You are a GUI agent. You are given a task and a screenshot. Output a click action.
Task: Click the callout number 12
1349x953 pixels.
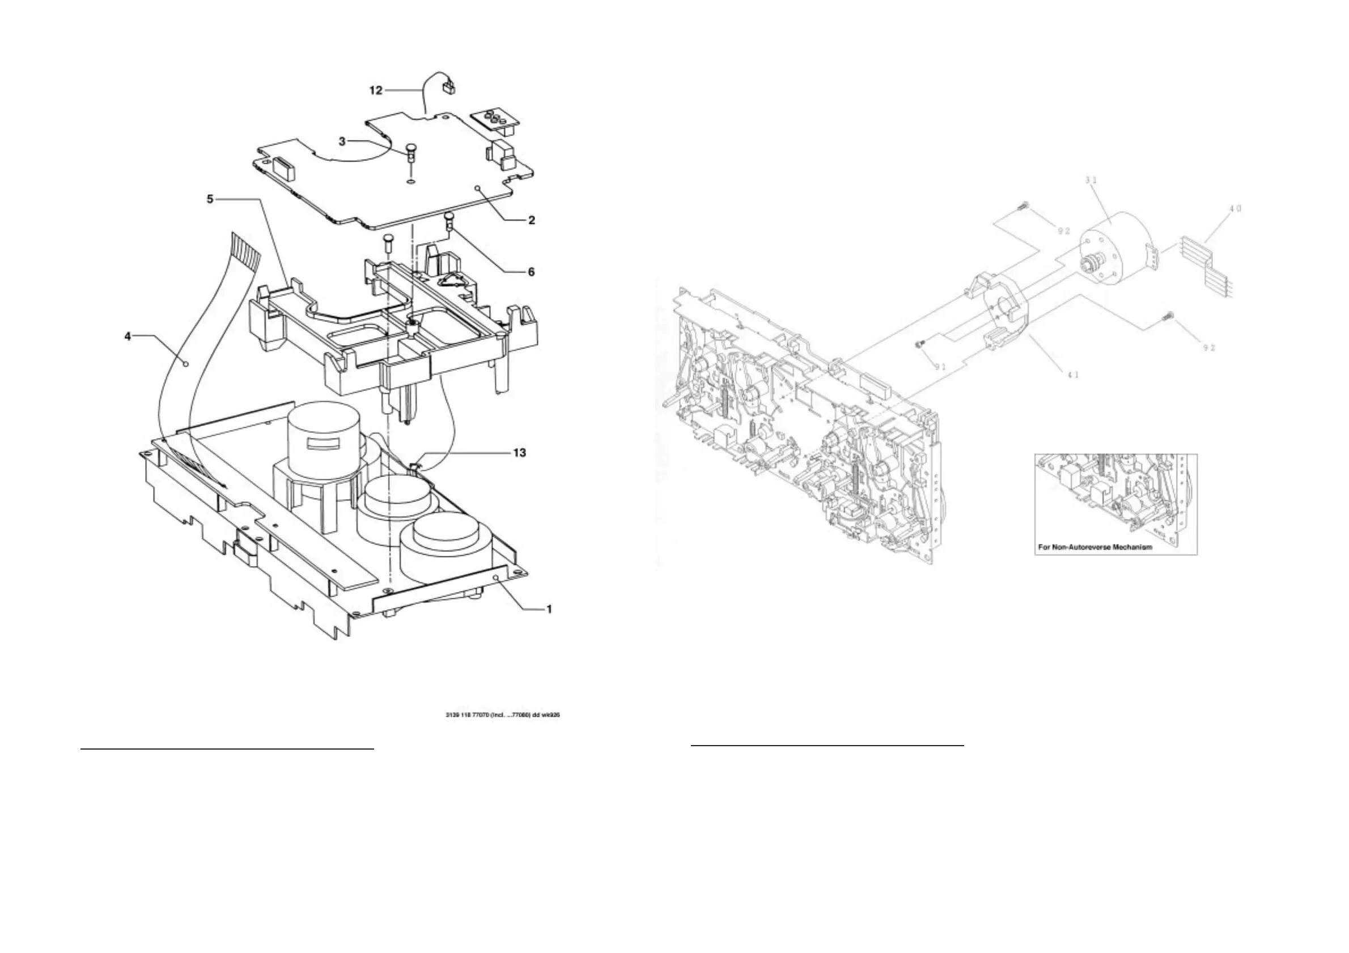[375, 91]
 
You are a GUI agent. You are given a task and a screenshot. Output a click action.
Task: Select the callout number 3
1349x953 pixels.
[342, 142]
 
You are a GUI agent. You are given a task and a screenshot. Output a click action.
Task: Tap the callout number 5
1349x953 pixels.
[210, 199]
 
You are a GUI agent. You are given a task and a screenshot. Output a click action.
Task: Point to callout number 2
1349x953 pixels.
[531, 220]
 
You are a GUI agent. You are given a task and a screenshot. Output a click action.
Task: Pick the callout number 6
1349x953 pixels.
[531, 272]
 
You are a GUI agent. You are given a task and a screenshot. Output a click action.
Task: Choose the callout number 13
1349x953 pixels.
[519, 453]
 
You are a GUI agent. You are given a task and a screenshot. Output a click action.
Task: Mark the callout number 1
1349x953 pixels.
[549, 610]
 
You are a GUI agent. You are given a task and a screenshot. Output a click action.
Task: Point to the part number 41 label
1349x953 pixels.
[1073, 373]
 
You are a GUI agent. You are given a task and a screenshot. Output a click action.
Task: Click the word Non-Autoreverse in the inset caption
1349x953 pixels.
[1088, 547]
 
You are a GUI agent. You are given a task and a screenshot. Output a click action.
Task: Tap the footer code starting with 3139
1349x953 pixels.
[503, 715]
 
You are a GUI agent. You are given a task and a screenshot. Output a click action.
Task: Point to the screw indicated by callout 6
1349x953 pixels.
[450, 220]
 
